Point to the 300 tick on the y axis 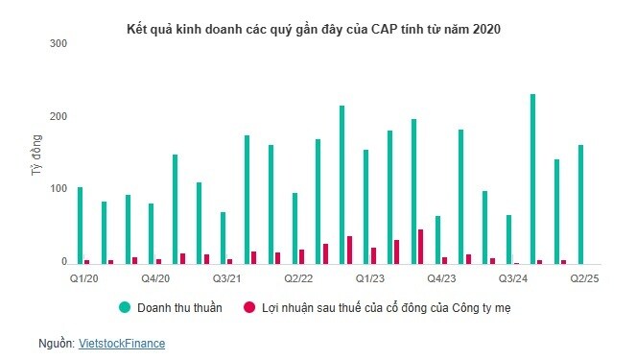point(59,44)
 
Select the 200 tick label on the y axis point(59,116)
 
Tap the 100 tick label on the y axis point(59,189)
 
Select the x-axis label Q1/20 point(83,278)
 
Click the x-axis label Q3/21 point(227,278)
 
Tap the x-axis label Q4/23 point(441,278)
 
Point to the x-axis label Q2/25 point(584,278)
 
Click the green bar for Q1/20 point(80,226)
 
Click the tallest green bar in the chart point(532,179)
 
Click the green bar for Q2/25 point(580,204)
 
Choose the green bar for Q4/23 point(437,240)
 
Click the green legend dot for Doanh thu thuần point(125,307)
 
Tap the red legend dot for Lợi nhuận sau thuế point(249,307)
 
